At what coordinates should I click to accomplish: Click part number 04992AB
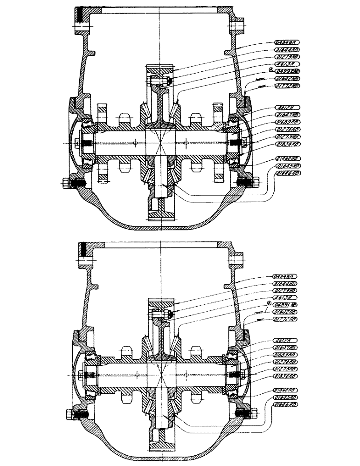(x=286, y=71)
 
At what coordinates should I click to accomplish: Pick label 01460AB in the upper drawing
(x=287, y=158)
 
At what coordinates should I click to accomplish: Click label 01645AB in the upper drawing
(x=287, y=165)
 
